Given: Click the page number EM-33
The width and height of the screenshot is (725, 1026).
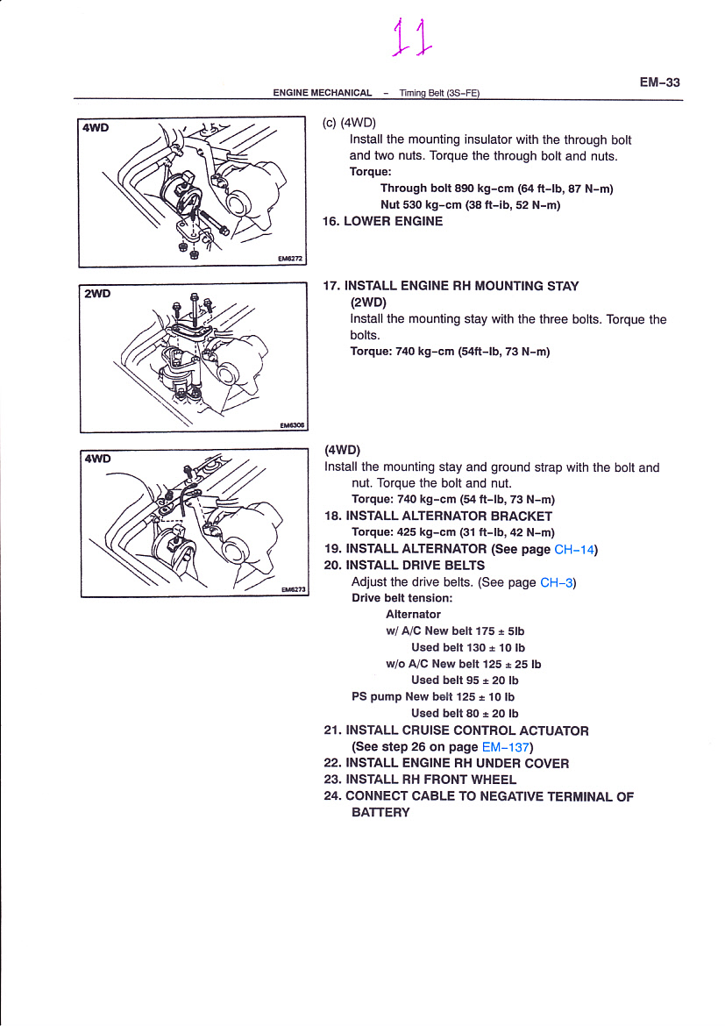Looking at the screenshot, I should click(659, 82).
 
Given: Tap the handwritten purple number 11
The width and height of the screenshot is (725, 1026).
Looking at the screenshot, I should click(412, 39).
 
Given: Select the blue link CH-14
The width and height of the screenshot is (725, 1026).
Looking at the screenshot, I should click(575, 550).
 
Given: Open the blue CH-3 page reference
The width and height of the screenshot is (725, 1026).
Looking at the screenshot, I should click(557, 581).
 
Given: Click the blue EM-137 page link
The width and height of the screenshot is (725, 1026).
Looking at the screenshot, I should click(506, 747).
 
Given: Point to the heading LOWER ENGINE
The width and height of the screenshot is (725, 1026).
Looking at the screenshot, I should click(393, 221).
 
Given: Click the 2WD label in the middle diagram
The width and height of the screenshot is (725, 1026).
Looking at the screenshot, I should click(96, 293).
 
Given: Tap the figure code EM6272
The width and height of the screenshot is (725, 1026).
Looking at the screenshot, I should click(289, 260).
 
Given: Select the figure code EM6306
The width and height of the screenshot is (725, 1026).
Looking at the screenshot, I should click(292, 425).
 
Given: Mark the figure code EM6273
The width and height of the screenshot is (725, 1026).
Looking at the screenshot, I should click(293, 590).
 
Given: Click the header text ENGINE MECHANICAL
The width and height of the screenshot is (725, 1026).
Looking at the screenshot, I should click(322, 93).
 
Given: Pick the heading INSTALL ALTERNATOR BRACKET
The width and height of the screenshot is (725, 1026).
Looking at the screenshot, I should click(449, 516).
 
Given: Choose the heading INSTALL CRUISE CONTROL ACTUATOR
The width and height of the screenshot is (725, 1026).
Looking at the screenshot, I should click(467, 730).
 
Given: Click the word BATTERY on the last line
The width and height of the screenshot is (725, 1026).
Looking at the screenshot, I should click(380, 812).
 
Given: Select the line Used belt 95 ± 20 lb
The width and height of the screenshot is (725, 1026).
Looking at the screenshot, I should click(465, 680).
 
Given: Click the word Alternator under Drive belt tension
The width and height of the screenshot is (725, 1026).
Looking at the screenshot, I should click(413, 614).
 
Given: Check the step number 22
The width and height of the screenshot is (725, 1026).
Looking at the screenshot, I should click(332, 763).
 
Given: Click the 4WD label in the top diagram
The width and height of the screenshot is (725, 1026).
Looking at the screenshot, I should click(96, 127).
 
